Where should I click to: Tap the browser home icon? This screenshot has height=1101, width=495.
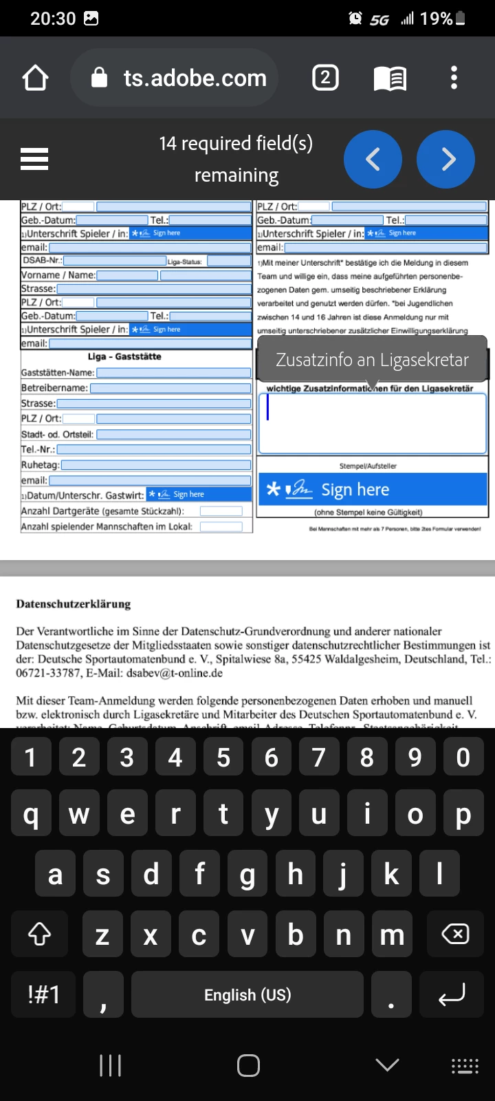[36, 78]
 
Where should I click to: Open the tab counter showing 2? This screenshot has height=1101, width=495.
[325, 78]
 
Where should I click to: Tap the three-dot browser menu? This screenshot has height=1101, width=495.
[454, 78]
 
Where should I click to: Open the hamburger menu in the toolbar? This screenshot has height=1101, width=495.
[34, 159]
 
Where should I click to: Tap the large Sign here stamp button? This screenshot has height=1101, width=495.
[372, 489]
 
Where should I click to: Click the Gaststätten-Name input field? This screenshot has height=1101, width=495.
[174, 372]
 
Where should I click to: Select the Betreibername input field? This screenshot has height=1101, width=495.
[170, 388]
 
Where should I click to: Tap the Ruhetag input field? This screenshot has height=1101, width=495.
[156, 465]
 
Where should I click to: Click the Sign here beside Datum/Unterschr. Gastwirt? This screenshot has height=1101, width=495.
[199, 494]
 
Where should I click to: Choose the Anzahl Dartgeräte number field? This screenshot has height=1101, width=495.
[221, 511]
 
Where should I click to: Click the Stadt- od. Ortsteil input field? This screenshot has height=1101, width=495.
[174, 434]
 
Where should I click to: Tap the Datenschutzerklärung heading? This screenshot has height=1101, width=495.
[74, 604]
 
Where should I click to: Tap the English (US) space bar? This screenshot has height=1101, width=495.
[247, 995]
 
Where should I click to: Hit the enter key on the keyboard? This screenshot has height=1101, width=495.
[452, 995]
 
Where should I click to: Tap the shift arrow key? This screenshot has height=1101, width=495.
[39, 934]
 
